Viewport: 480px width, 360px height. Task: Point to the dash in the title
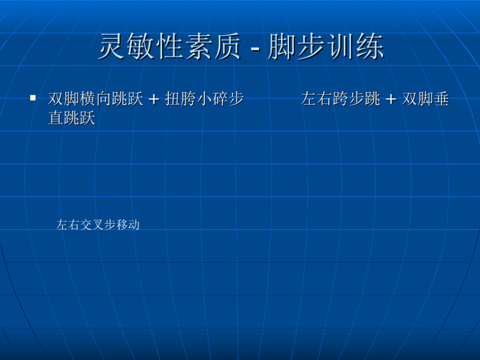tap(255, 48)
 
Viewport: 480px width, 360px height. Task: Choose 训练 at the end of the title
tap(356, 46)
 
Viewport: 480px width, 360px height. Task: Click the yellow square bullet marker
tap(33, 98)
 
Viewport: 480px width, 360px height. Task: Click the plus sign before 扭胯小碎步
tap(154, 99)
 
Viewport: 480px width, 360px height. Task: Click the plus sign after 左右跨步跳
tap(391, 99)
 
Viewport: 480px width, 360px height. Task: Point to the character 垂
tap(441, 99)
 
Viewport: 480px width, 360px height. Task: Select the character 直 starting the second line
tap(56, 118)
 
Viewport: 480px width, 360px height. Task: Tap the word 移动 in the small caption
tap(128, 225)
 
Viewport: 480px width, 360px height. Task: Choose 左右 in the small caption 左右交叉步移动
tap(68, 225)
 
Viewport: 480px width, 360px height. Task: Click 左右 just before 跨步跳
tap(317, 99)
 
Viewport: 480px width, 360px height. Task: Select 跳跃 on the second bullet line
tap(80, 118)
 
